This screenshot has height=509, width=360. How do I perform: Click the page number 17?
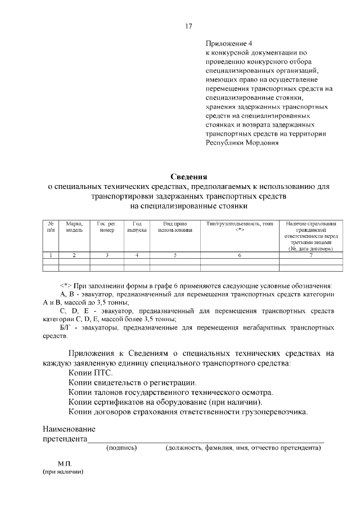click(189, 25)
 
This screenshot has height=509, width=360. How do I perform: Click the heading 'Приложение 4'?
click(230, 43)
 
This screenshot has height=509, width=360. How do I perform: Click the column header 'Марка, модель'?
click(74, 227)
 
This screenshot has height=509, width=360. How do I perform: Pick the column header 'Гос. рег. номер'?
click(106, 227)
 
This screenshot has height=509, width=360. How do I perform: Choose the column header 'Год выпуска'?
click(137, 227)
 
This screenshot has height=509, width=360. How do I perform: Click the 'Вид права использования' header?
click(175, 227)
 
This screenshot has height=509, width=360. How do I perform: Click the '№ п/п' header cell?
click(51, 227)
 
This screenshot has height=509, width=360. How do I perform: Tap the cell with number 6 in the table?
click(240, 255)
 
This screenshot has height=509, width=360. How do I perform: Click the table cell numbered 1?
click(51, 255)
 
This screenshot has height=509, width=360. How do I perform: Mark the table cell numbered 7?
click(310, 255)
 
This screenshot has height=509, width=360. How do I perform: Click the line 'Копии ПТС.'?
click(91, 372)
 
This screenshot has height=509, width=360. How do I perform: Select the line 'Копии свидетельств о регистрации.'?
click(129, 382)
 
